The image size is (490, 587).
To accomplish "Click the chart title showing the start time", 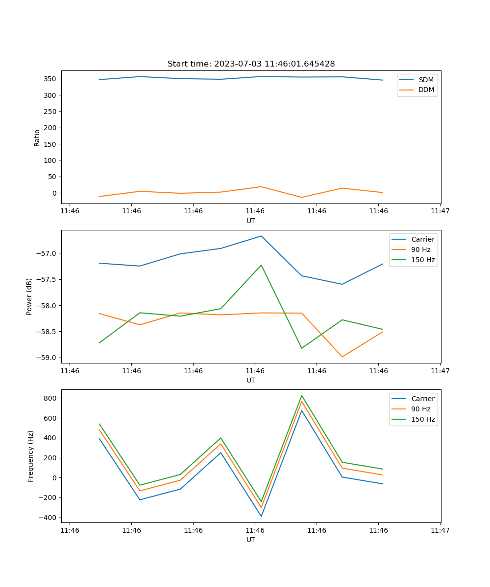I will click(x=251, y=64).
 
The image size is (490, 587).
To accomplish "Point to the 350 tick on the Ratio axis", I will click(x=52, y=79).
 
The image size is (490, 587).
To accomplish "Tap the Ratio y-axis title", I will click(x=37, y=137).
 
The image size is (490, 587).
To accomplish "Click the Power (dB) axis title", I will click(x=29, y=296).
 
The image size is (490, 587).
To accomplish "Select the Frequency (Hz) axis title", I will click(x=31, y=456).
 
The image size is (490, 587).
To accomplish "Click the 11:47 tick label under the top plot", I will click(x=440, y=211).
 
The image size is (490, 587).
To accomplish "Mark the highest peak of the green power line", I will click(x=261, y=265).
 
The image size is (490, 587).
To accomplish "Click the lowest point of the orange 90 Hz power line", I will click(x=342, y=357).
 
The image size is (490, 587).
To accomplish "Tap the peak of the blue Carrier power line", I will click(x=261, y=236).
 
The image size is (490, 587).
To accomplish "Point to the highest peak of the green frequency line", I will click(x=302, y=396).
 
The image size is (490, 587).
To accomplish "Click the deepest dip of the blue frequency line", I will click(x=261, y=516).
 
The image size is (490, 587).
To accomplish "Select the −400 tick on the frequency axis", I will click(x=49, y=518).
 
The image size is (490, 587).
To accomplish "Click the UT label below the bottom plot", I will click(x=251, y=540).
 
